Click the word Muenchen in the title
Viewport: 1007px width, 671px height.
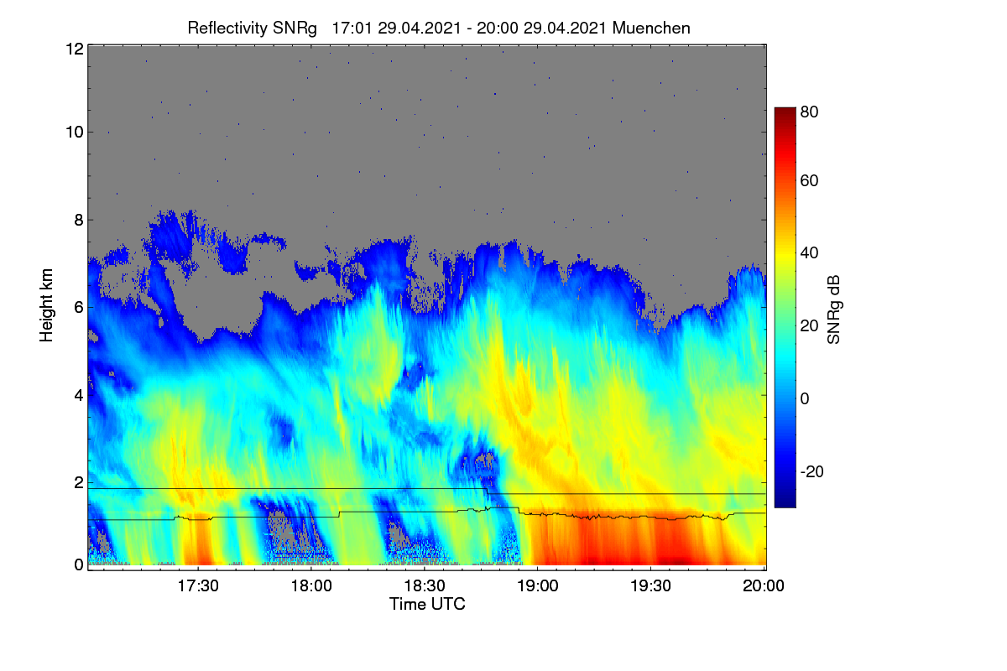point(651,29)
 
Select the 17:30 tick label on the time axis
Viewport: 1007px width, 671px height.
point(198,585)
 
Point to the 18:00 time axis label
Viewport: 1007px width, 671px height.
point(311,585)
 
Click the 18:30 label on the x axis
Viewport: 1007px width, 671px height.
point(425,585)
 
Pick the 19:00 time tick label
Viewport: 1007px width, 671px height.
point(538,585)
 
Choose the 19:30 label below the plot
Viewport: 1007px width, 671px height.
point(650,585)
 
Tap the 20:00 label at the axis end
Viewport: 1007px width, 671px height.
point(764,585)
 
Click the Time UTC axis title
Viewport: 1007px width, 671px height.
point(427,604)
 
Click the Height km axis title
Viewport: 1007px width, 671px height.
point(46,305)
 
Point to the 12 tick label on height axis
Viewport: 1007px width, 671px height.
point(75,49)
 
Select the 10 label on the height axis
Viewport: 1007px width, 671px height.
point(75,133)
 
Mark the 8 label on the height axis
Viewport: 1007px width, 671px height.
point(79,220)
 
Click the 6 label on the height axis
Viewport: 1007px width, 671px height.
point(79,308)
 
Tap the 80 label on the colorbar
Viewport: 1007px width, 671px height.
point(809,112)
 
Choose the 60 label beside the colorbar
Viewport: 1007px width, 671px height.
point(809,180)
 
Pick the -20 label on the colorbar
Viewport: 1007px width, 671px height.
point(812,471)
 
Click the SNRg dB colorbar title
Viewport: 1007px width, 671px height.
point(834,309)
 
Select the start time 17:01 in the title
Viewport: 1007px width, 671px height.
point(352,29)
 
